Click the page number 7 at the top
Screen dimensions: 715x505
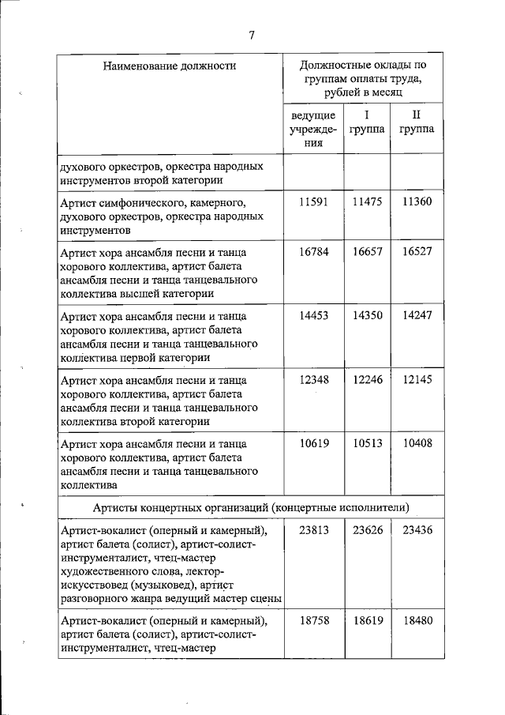tap(252, 34)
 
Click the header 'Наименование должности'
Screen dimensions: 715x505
tap(170, 66)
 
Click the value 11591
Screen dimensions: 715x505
tap(313, 202)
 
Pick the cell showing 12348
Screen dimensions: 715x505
tap(313, 379)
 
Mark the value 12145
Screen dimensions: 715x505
tap(417, 379)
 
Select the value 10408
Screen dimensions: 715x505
tap(417, 443)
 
